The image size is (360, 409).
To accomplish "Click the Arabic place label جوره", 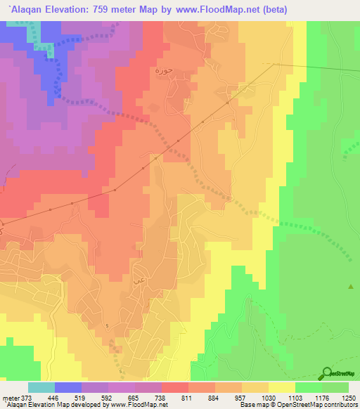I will point(163,71).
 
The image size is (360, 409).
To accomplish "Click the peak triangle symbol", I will point(351,287).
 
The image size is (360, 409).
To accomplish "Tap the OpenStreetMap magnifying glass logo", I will point(326,375).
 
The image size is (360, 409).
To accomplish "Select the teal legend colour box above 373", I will point(41,387).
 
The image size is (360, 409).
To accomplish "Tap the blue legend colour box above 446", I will point(67,387).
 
